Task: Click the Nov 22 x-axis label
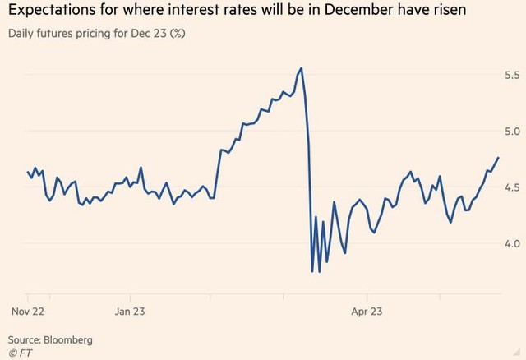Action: point(28,312)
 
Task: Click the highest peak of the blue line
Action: point(302,68)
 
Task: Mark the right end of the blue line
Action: point(497,157)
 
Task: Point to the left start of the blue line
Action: point(28,172)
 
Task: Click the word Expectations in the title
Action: point(51,12)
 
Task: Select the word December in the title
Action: point(347,12)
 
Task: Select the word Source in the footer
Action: point(23,339)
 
